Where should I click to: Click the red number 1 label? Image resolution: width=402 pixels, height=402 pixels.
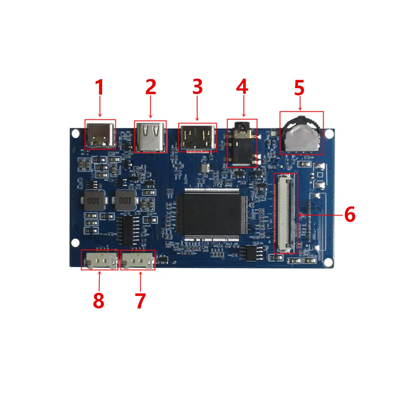pos(99,88)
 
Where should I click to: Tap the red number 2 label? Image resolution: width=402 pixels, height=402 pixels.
pos(150,88)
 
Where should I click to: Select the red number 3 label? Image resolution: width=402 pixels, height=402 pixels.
pos(197,88)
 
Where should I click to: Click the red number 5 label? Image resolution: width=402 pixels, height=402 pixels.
pos(299,88)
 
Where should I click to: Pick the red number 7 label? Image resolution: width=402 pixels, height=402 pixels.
pos(140,301)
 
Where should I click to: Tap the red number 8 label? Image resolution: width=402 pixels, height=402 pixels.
pos(98,301)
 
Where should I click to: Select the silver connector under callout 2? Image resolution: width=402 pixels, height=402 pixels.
pos(150,137)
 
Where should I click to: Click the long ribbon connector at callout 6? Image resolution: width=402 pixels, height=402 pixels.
pos(286,213)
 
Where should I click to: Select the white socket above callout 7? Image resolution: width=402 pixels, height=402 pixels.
pos(138,260)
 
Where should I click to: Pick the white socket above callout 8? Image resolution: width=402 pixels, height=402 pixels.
pos(99,260)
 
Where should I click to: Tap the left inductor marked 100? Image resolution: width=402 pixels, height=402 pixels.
pos(93,200)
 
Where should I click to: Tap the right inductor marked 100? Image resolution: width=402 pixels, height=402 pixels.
pos(125,200)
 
